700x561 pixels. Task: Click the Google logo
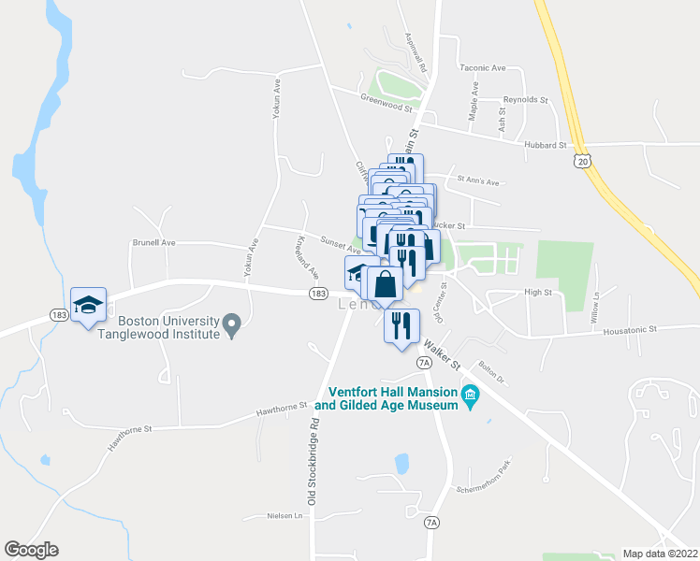pos(31,550)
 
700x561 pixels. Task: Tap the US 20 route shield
pos(582,162)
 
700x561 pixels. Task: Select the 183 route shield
pos(318,294)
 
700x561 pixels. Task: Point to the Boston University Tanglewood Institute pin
pos(233,325)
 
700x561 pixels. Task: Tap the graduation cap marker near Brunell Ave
pos(89,305)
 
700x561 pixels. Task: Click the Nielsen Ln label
pos(285,515)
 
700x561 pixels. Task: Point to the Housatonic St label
pos(629,329)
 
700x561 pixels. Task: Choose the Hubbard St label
pos(547,146)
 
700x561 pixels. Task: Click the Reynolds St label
pos(525,98)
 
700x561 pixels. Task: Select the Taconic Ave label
pos(482,68)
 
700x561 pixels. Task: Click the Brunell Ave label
pos(155,242)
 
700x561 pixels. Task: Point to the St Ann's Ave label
pos(478,181)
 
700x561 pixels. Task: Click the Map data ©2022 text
pos(661,553)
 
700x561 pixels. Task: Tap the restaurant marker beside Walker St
pos(401,326)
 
